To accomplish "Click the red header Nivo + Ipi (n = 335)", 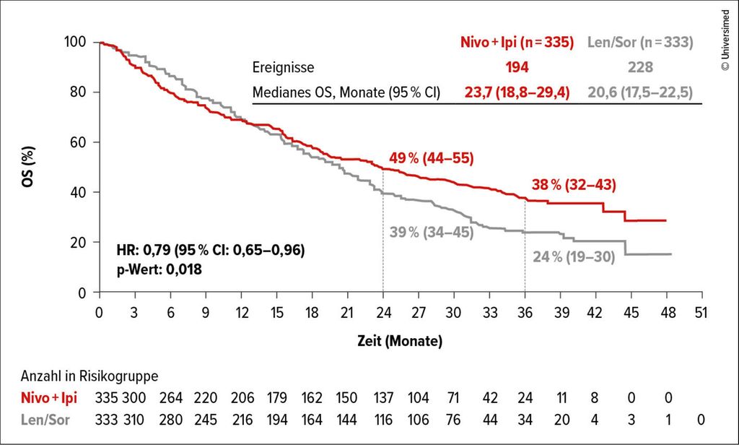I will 517,43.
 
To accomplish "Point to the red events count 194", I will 517,67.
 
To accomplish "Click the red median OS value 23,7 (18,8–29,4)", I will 517,92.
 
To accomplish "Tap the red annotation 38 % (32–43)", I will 574,184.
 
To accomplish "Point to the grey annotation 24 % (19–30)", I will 574,256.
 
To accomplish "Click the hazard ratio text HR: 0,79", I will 209,251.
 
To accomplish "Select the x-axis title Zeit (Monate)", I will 399,340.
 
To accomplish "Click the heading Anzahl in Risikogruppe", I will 89,376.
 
